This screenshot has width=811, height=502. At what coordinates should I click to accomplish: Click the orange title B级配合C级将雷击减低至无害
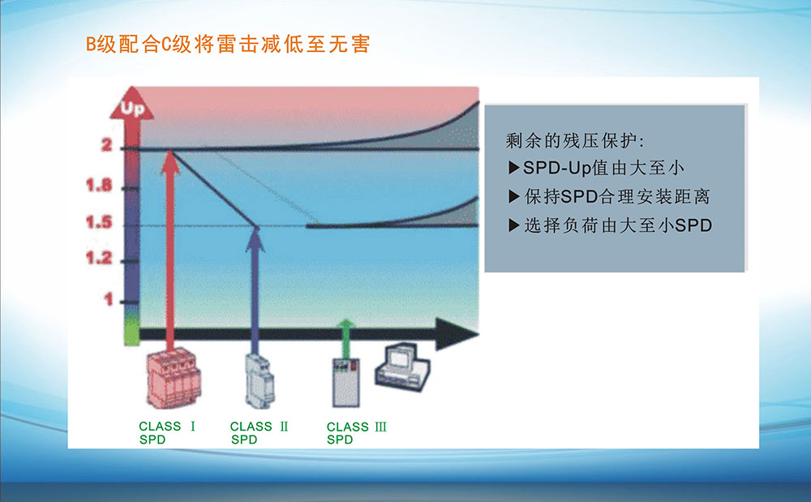click(x=228, y=45)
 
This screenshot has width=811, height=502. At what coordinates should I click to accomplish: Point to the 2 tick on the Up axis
click(x=106, y=147)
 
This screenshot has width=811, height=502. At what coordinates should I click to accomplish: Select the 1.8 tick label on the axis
click(x=99, y=187)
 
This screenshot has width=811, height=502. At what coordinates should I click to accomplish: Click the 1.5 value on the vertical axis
click(x=99, y=225)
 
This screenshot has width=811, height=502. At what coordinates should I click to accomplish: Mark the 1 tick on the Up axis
click(x=108, y=299)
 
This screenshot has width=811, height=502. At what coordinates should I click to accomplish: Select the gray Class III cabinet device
click(x=345, y=381)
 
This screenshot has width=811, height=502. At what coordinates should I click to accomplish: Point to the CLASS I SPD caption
click(x=168, y=432)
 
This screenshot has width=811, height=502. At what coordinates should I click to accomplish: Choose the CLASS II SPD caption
click(x=259, y=432)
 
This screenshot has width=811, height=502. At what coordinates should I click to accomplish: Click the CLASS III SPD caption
click(x=356, y=432)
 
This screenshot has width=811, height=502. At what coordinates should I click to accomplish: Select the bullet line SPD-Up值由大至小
click(x=596, y=169)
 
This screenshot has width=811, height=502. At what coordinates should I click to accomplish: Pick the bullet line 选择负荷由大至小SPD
click(x=610, y=225)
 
